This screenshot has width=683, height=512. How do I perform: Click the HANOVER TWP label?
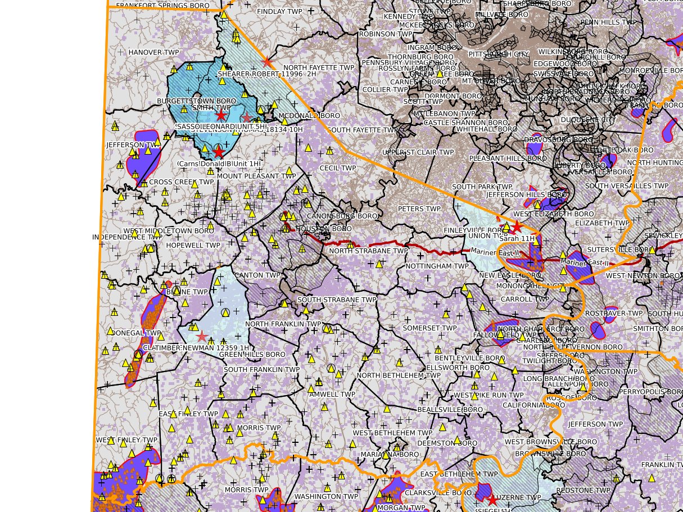coord(153,52)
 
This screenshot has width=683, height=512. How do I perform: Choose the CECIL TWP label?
coord(338,168)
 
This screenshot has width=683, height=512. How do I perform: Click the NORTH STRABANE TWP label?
coord(369,251)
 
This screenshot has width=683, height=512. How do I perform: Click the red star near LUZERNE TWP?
coord(492,500)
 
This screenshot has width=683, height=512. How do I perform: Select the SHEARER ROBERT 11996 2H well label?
coord(267,74)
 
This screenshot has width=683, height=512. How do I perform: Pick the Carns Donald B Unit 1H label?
coord(219,164)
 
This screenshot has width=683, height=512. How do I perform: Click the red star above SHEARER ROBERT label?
coord(267,62)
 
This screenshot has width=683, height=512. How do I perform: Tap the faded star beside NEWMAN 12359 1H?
coord(202,336)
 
